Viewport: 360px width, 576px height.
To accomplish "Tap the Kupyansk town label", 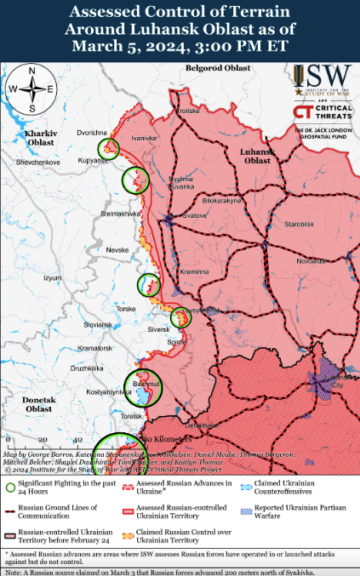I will point(87,160).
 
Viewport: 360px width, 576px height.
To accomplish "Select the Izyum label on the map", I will point(54,277).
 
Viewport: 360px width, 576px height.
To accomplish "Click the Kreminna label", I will point(193,271).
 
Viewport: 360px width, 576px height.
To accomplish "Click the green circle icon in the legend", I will point(9,488).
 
